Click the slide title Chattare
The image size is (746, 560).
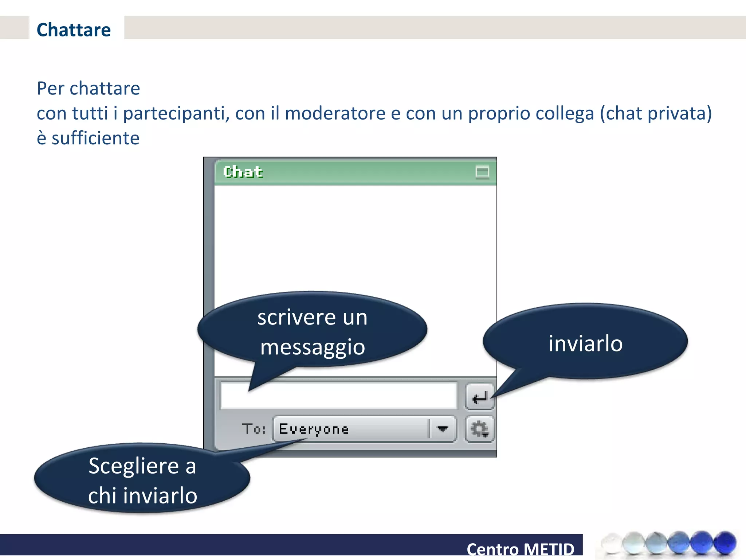tap(74, 30)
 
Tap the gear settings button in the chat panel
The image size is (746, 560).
tap(479, 429)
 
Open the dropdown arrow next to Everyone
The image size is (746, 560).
tap(442, 429)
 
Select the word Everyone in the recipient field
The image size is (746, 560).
tap(314, 429)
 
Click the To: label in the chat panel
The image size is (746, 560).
tap(254, 429)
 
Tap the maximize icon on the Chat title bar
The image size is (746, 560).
tap(482, 172)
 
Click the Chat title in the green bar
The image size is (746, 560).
tap(243, 172)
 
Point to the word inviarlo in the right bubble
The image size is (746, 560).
tap(585, 344)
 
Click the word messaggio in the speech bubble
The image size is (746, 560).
tap(313, 347)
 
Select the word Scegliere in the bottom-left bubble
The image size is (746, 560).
tap(133, 466)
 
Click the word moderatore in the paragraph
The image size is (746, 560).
tap(335, 113)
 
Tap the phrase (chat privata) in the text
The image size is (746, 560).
tap(656, 113)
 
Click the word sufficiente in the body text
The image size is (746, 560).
tap(95, 138)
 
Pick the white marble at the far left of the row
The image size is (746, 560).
tap(611, 543)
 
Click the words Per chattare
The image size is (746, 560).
tap(89, 88)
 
